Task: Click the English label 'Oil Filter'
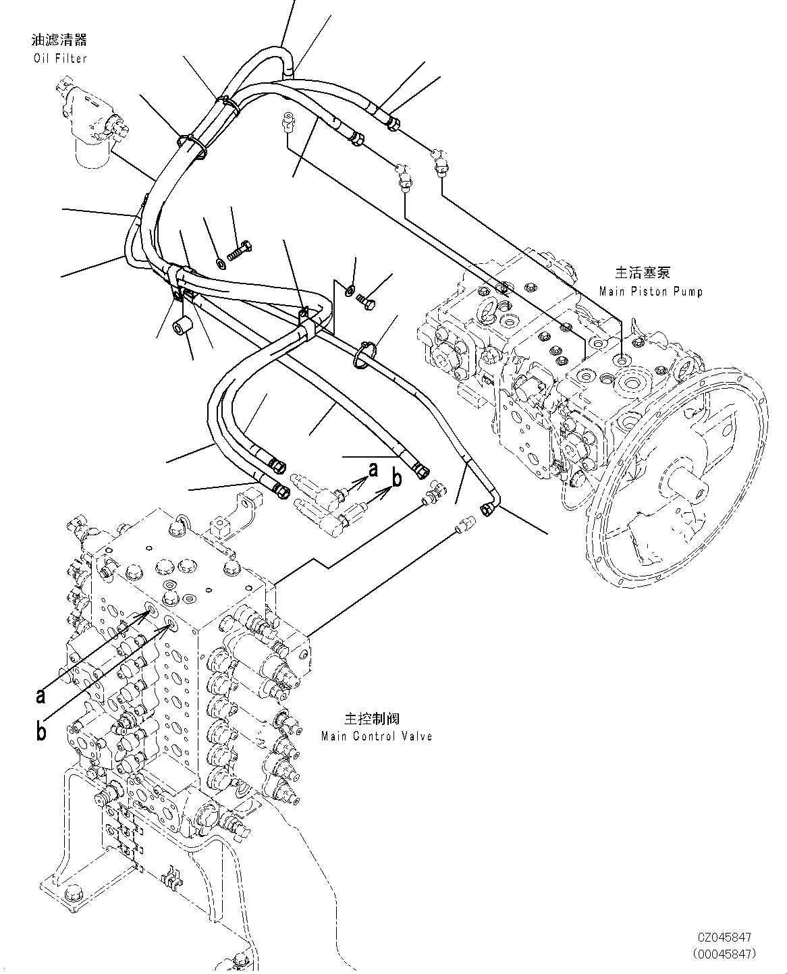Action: click(x=60, y=59)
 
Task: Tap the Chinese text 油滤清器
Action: click(x=60, y=41)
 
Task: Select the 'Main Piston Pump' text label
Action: click(x=650, y=292)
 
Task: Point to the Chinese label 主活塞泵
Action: click(x=642, y=273)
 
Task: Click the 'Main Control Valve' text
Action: click(x=376, y=736)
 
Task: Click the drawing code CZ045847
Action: click(x=724, y=938)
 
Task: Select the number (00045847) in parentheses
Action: click(x=723, y=953)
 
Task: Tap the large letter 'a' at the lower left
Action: click(x=41, y=695)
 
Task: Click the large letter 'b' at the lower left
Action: click(x=41, y=731)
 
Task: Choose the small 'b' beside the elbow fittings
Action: click(x=397, y=478)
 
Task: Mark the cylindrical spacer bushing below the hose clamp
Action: click(x=184, y=326)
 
